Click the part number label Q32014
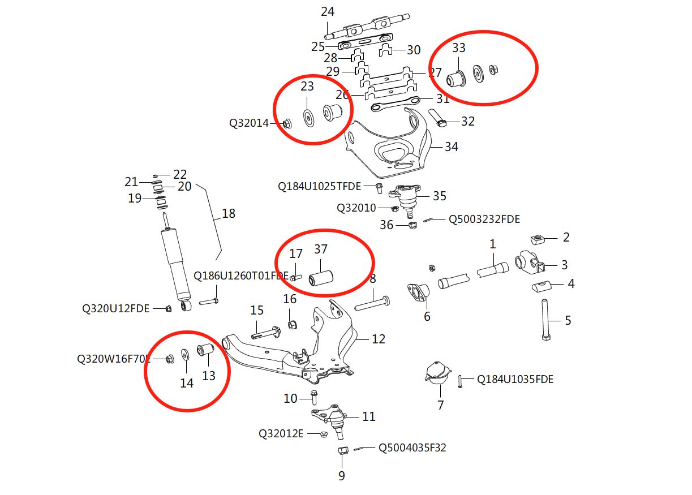click(249, 123)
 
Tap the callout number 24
click(328, 12)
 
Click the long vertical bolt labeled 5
click(545, 320)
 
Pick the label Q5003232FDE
click(484, 219)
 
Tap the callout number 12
click(379, 339)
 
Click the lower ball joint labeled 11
click(329, 420)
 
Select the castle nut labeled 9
click(342, 450)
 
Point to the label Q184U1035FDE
click(515, 379)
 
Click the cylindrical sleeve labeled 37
click(321, 278)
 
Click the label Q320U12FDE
click(115, 308)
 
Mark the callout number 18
click(229, 213)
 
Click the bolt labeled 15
click(266, 333)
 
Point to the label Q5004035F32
click(412, 447)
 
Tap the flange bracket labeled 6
click(418, 292)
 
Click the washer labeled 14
click(186, 355)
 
